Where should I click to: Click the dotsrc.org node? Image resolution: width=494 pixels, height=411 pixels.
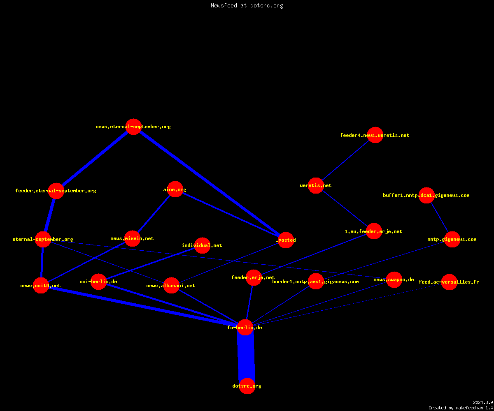[247, 386]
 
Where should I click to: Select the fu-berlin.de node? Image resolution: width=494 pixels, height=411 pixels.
[245, 328]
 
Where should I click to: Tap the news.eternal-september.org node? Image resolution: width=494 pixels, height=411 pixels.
[133, 127]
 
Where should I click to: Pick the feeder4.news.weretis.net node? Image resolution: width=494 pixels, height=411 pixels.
[375, 135]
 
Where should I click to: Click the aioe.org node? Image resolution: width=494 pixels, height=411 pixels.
[175, 189]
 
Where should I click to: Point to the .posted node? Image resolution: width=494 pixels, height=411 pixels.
[286, 240]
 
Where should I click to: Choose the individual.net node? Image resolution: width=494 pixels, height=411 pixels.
[202, 245]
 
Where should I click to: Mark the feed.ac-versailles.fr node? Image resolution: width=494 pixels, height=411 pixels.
[449, 282]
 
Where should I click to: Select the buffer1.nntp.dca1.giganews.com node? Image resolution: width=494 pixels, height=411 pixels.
[426, 195]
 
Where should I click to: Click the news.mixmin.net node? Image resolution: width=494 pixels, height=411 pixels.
[132, 238]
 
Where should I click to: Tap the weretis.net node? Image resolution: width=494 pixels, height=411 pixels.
[316, 185]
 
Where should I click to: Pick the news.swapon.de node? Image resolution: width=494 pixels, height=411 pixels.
[394, 279]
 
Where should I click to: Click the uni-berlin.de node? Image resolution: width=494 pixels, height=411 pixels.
[99, 282]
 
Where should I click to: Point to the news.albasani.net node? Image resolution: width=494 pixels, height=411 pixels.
[171, 286]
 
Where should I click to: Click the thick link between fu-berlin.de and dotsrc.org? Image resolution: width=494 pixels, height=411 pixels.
[246, 357]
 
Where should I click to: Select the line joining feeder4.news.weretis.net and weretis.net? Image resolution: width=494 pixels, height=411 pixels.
[346, 160]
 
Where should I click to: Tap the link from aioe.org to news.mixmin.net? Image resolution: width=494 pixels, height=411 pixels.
[154, 214]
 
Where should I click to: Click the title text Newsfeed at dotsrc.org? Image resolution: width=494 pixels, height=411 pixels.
[247, 5]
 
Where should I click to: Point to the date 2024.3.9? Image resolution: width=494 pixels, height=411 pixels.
[483, 402]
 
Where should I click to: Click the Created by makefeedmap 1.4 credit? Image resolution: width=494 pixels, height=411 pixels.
[461, 408]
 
